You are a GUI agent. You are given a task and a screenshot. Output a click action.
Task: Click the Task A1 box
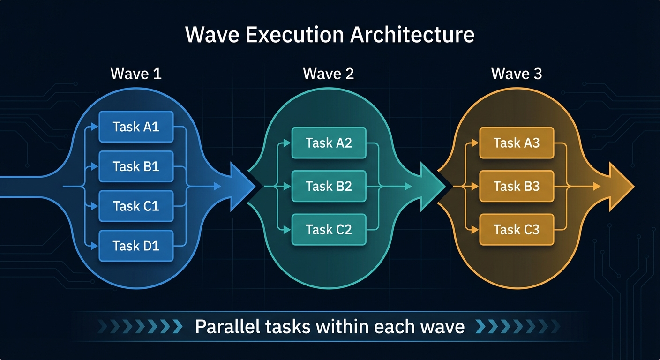pyautogui.click(x=136, y=127)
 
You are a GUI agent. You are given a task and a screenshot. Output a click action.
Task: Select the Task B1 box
pyautogui.click(x=136, y=166)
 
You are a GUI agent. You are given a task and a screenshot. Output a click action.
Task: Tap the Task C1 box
pyautogui.click(x=136, y=206)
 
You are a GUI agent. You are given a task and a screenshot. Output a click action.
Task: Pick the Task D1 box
pyautogui.click(x=136, y=246)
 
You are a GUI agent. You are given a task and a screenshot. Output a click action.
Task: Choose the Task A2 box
pyautogui.click(x=329, y=142)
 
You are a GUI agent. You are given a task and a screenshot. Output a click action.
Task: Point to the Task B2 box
pyautogui.click(x=329, y=186)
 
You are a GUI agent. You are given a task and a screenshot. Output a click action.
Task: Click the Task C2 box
pyautogui.click(x=329, y=229)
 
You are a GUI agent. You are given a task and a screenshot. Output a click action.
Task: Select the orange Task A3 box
pyautogui.click(x=517, y=142)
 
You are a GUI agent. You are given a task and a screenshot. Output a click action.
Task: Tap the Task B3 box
pyautogui.click(x=517, y=186)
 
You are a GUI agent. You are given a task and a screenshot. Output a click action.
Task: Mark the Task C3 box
pyautogui.click(x=517, y=229)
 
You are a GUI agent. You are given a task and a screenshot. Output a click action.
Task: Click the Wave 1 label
pyautogui.click(x=136, y=74)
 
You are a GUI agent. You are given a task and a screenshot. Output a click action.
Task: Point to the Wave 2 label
pyautogui.click(x=329, y=74)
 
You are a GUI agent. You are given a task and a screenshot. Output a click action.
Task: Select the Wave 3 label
pyautogui.click(x=517, y=74)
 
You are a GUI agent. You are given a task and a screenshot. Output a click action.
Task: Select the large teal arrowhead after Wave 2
pyautogui.click(x=432, y=186)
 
